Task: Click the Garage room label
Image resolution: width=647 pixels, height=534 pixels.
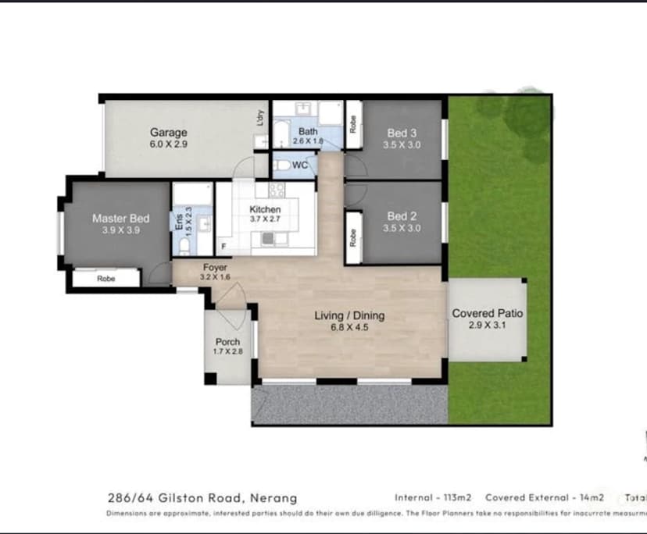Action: point(169,132)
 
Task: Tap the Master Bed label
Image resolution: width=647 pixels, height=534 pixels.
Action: point(120,219)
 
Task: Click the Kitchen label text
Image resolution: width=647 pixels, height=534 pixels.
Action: point(264,209)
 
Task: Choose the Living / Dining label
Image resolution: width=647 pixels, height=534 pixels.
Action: point(349,316)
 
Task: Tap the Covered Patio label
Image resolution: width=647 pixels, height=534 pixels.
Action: point(488,314)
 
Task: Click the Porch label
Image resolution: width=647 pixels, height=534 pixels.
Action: point(228,342)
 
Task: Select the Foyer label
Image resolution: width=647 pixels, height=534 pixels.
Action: point(215,268)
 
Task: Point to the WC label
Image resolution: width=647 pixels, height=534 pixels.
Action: point(299,166)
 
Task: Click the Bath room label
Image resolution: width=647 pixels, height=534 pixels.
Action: point(309,132)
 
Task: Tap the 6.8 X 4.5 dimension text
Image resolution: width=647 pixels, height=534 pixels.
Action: point(349,328)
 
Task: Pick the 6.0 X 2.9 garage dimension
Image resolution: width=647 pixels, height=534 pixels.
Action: point(169,144)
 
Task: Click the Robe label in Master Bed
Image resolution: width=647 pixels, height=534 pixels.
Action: point(105,279)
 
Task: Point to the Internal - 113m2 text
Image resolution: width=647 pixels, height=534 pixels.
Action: point(432,497)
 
